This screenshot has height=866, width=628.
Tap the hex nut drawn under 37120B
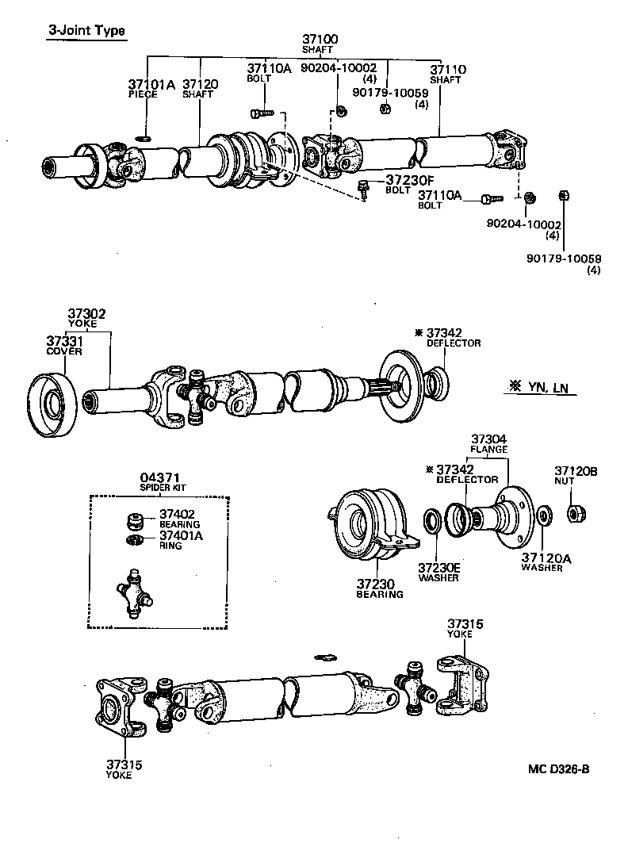tap(576, 513)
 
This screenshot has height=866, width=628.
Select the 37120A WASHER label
tap(546, 562)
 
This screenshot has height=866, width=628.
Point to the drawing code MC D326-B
tap(559, 768)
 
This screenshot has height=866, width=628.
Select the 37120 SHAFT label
tap(198, 88)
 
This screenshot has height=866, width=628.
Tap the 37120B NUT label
tap(575, 476)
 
